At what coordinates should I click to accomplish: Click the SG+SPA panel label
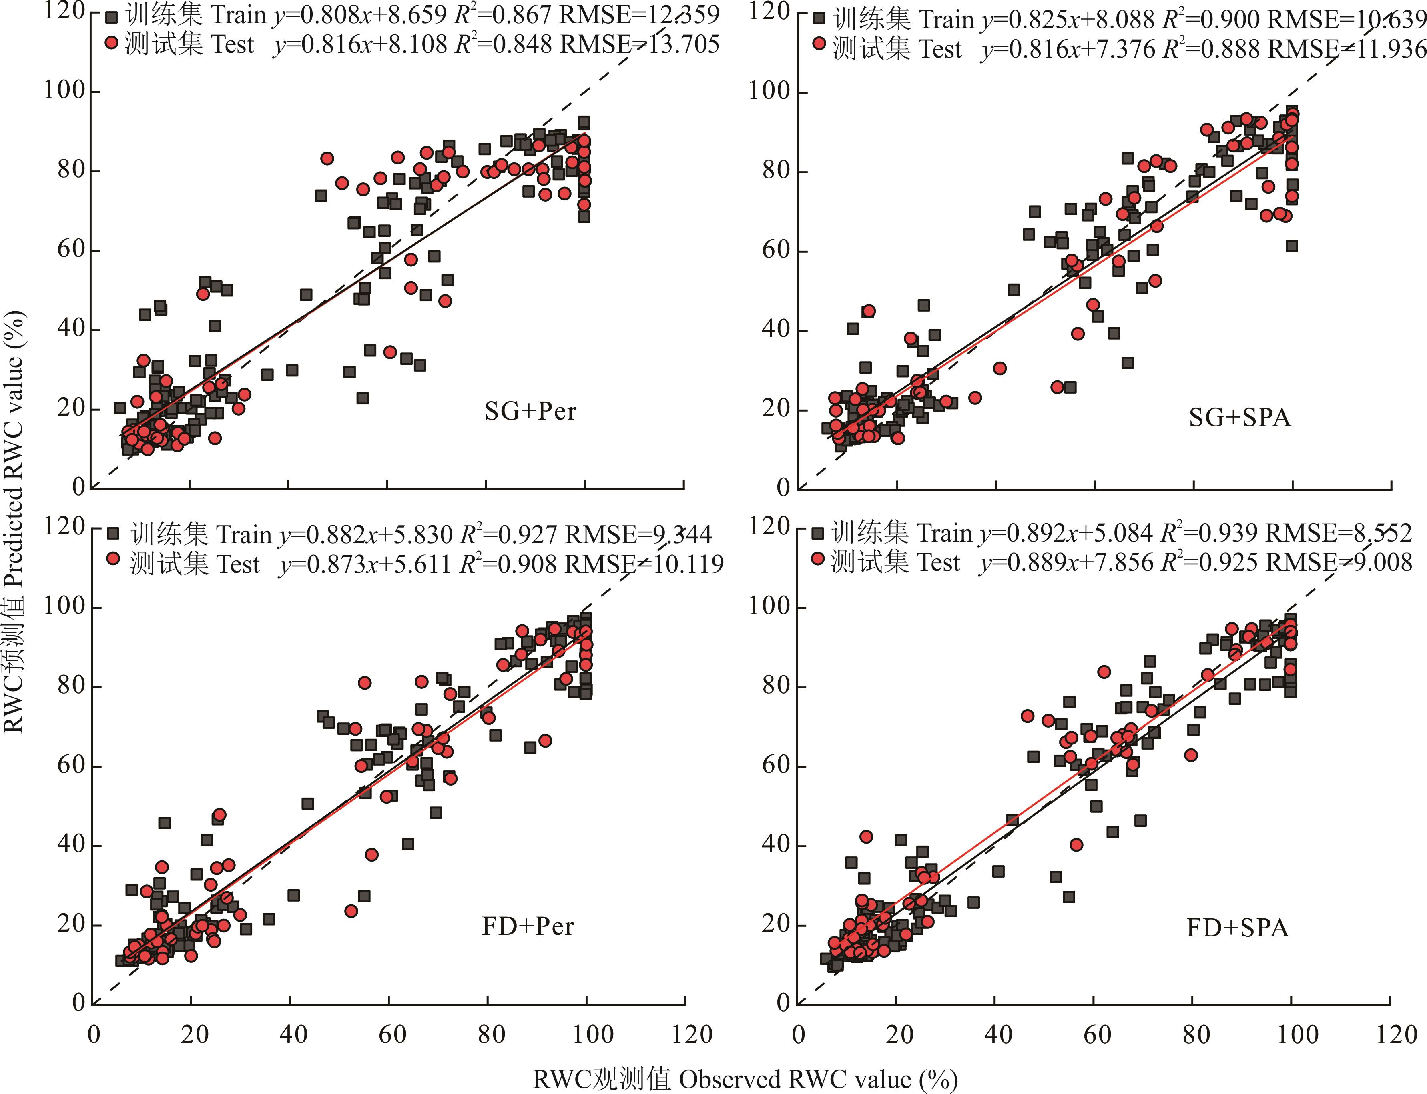(1239, 417)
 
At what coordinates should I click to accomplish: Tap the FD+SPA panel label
(1237, 927)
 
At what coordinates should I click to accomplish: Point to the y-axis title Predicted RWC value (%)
(14, 521)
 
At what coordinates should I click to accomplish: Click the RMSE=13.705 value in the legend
(640, 44)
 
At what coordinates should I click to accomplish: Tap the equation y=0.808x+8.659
(360, 15)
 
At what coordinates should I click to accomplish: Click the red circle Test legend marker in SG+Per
(112, 43)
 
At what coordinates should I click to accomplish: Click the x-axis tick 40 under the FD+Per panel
(293, 1034)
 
